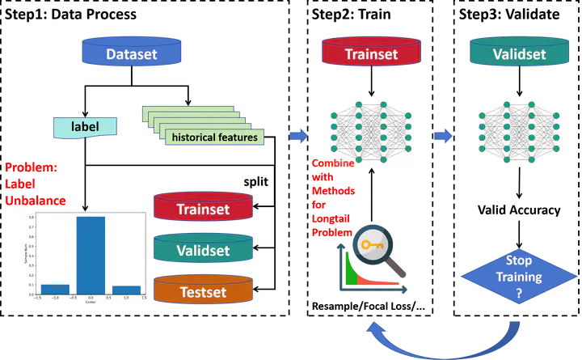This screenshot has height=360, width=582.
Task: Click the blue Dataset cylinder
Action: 132,54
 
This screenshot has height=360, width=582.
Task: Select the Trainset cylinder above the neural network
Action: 370,54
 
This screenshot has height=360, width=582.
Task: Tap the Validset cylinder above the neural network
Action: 519,54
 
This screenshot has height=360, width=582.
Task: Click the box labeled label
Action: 84,126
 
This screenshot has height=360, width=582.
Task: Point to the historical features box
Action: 214,137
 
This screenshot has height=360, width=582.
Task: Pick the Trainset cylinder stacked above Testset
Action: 203,209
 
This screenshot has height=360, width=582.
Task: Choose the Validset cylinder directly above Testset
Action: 203,249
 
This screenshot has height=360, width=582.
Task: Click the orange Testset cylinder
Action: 203,290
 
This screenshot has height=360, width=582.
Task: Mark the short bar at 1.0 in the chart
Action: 127,289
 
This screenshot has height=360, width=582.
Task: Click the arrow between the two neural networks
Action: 443,135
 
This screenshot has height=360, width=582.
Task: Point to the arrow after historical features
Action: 300,135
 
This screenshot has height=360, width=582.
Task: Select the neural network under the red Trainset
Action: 371,132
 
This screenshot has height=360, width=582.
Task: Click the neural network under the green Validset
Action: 520,132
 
